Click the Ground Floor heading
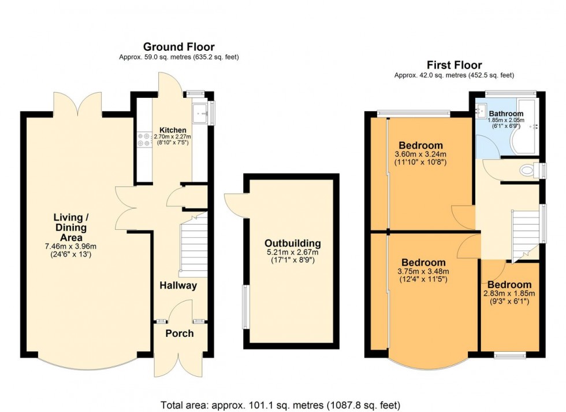[x=178, y=47]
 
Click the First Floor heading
[x=454, y=65]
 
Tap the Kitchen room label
[x=173, y=130]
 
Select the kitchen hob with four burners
[x=144, y=139]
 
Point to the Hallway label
[x=178, y=285]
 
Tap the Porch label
[x=180, y=333]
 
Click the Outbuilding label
[x=292, y=243]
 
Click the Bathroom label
[x=506, y=114]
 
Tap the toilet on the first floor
[x=527, y=171]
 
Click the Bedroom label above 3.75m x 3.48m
[x=423, y=262]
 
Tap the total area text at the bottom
[x=280, y=405]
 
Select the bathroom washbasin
[x=482, y=109]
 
